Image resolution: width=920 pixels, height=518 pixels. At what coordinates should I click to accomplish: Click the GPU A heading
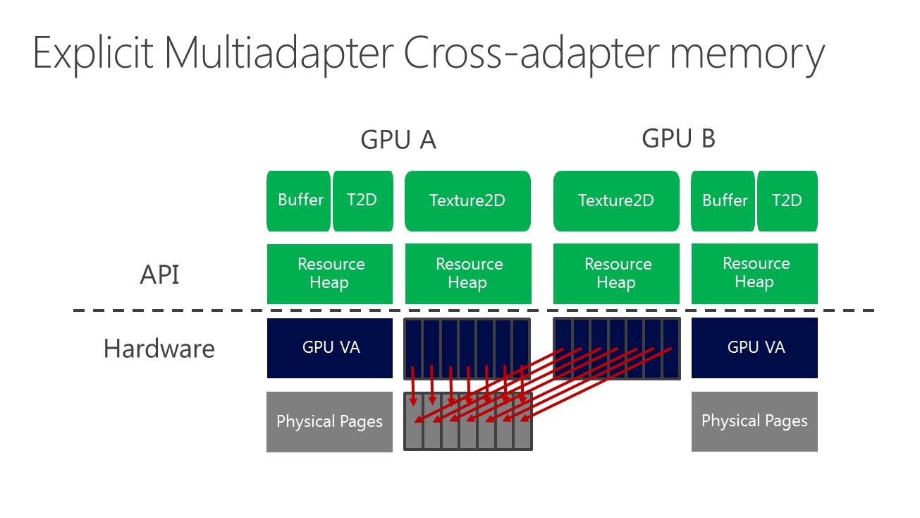coord(398,140)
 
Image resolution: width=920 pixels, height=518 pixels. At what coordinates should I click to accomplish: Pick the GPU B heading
coord(678,138)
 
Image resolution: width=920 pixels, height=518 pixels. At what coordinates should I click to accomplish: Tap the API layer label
coord(160,274)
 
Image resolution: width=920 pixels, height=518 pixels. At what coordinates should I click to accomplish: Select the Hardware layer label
coord(159,349)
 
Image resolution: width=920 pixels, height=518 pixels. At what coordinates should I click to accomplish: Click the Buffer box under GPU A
coord(300,200)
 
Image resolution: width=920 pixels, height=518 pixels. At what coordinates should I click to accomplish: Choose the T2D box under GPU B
coord(787,200)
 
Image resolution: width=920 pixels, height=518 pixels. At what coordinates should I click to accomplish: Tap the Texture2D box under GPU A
coord(467,200)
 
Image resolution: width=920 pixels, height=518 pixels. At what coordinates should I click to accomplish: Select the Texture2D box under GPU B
coord(616,200)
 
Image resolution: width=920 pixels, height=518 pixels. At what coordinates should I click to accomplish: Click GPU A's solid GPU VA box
coord(330,347)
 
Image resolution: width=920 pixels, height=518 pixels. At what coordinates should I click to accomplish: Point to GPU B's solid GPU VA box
coord(755,347)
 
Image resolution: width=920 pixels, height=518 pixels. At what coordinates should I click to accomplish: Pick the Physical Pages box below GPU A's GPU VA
coord(329,421)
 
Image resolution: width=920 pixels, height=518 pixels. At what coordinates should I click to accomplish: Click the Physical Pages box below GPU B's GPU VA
coord(754,421)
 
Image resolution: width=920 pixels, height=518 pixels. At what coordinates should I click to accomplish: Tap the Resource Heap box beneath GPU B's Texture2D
coord(616,274)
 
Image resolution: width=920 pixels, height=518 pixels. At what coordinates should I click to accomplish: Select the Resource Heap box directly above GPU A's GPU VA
coord(330,274)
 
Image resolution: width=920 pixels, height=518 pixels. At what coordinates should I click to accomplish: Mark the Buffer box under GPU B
coord(724,200)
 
